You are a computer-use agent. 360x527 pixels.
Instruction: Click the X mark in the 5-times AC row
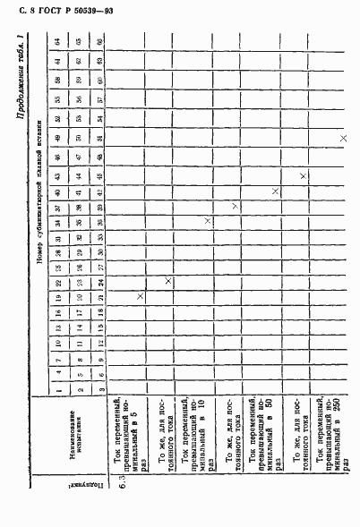[141, 297]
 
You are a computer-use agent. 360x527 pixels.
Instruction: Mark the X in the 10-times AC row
[208, 221]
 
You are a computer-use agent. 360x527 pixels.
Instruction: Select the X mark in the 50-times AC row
[275, 191]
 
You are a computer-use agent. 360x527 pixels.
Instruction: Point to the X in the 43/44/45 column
[304, 175]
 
